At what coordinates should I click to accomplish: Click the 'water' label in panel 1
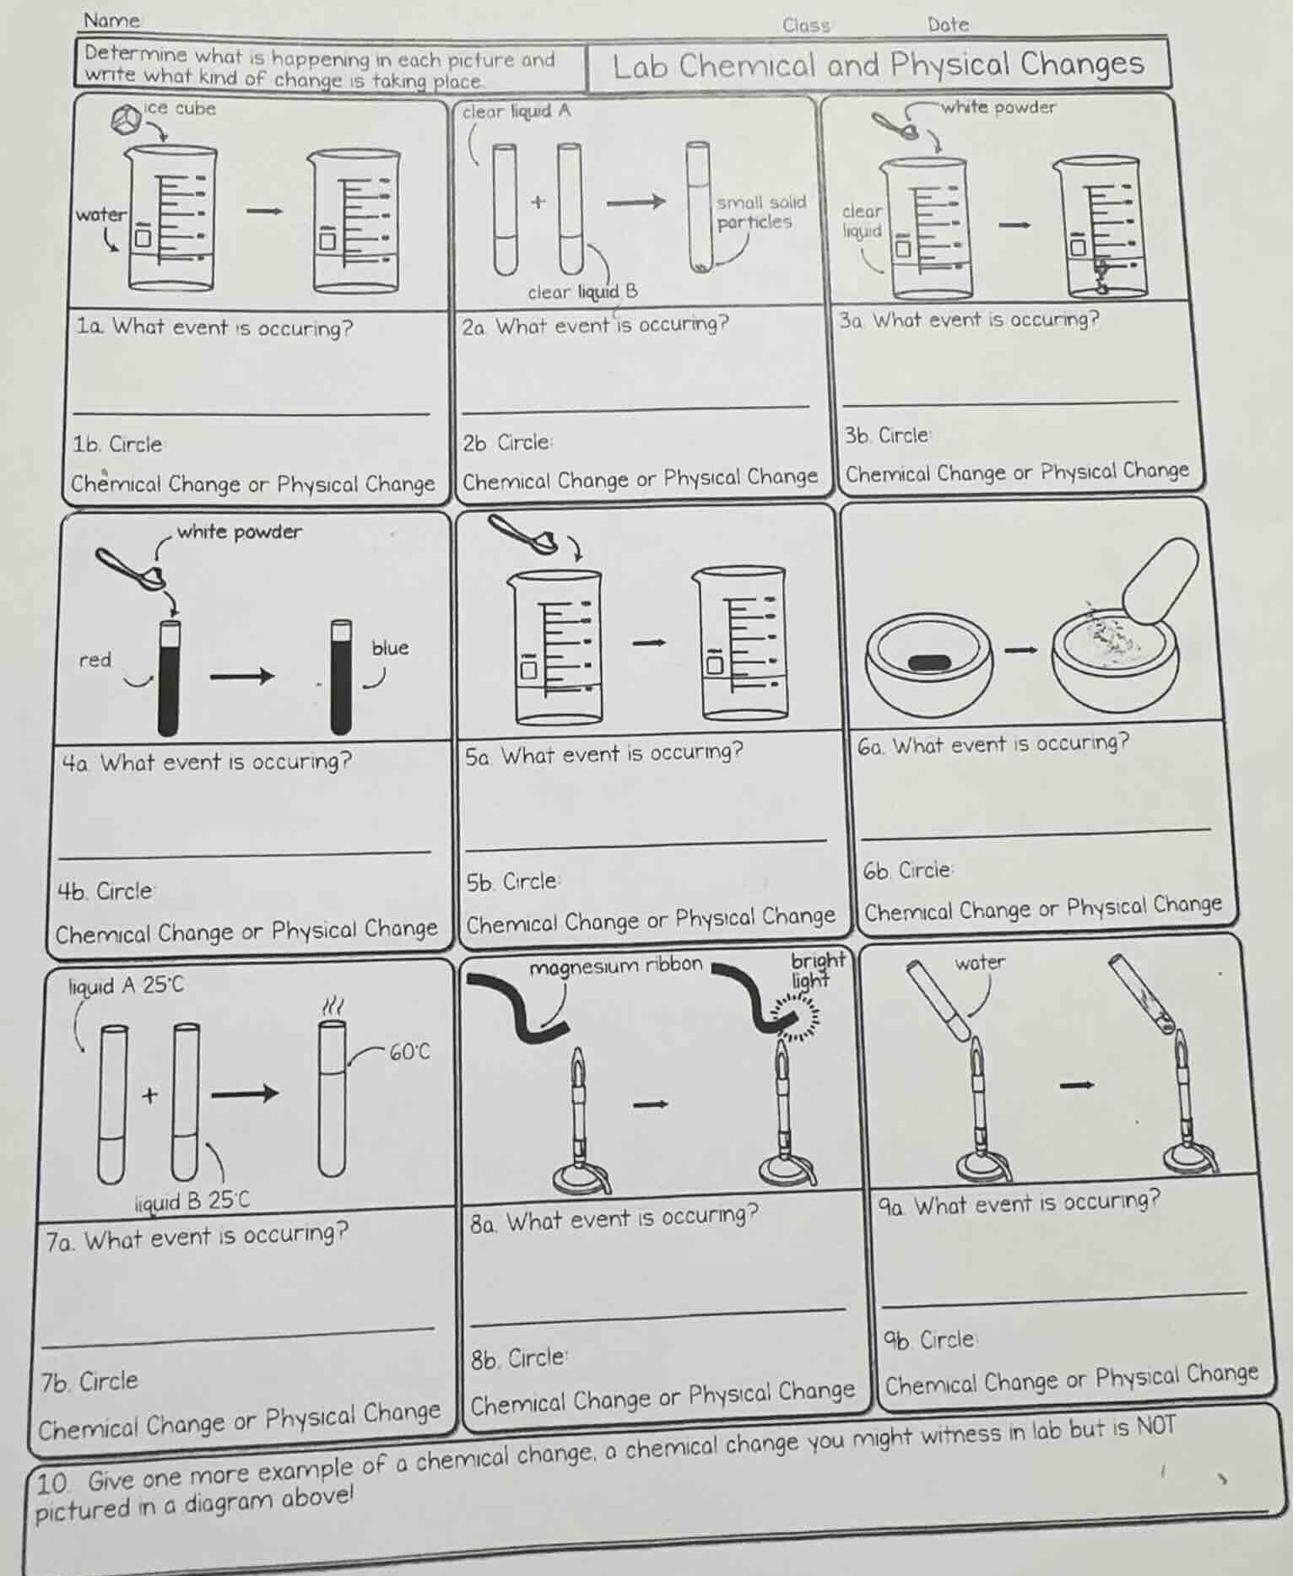100,214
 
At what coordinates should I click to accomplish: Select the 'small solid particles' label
760,212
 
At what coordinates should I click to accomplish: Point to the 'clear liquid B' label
582,292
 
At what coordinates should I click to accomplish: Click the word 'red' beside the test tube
95,660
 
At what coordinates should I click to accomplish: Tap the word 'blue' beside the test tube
390,648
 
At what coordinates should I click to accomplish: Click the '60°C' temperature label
409,1052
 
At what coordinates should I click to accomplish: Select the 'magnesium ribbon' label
615,965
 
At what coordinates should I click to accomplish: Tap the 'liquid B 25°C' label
192,1201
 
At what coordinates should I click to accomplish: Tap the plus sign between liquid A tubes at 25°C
150,1095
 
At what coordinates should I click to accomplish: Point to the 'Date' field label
948,24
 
